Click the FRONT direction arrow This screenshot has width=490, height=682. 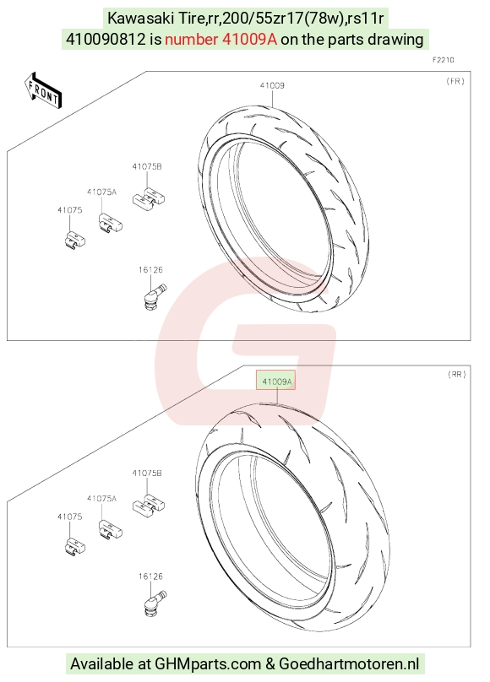(x=43, y=90)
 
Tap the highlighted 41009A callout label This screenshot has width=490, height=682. (x=275, y=381)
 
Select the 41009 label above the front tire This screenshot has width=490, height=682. (x=272, y=85)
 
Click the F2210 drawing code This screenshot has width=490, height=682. (x=443, y=60)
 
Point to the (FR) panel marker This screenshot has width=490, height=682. (x=455, y=81)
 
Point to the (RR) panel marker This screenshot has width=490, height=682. (x=456, y=374)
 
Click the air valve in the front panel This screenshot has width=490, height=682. (x=155, y=296)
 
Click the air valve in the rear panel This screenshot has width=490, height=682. (x=155, y=603)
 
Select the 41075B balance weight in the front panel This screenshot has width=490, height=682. (x=149, y=198)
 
